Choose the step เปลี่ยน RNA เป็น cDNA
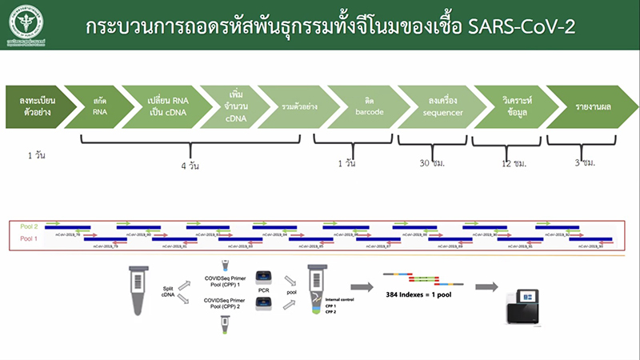coord(166,106)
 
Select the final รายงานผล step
coord(588,106)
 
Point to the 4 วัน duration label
coord(190,169)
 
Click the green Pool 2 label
coord(28,227)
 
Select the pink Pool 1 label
coord(28,238)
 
